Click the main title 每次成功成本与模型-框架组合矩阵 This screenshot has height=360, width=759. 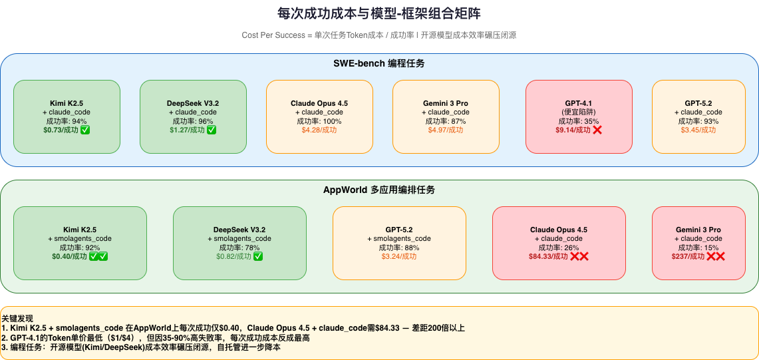point(379,13)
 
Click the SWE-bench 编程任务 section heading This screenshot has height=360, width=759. point(379,63)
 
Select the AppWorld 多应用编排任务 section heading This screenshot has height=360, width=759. point(379,190)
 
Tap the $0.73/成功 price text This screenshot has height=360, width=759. point(61,130)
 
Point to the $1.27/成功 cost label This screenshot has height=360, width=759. point(187,130)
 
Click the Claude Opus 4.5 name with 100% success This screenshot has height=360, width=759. point(319,104)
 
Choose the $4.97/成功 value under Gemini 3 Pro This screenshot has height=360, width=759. point(446,130)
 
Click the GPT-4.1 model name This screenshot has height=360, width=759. point(579,104)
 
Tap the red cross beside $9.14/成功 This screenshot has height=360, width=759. point(597,130)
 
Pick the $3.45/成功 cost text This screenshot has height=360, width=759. point(698,130)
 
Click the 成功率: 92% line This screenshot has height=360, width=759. point(80,248)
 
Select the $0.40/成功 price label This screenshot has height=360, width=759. point(69,256)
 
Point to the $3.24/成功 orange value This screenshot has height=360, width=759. point(399,256)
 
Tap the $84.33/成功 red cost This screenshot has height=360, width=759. point(548,256)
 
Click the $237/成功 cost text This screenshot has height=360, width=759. point(688,256)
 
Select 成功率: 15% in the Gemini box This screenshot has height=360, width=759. point(698,248)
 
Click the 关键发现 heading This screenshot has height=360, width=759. point(17,319)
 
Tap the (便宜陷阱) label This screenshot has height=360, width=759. point(579,112)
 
